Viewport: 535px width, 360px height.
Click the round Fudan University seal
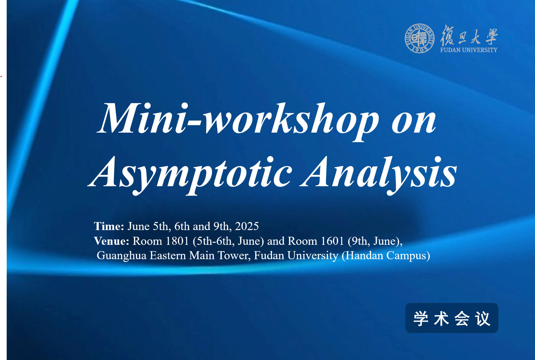pyautogui.click(x=419, y=38)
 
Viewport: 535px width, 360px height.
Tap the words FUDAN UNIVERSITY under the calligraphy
pyautogui.click(x=469, y=50)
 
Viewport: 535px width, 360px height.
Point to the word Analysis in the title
pyautogui.click(x=379, y=174)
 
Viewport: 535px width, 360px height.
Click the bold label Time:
pyautogui.click(x=109, y=226)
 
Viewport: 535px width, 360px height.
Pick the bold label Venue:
pyautogui.click(x=111, y=241)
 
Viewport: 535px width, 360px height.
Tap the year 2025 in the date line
pyautogui.click(x=247, y=226)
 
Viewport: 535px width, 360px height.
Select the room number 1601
pyautogui.click(x=332, y=241)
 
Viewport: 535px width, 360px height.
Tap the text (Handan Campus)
pyautogui.click(x=386, y=256)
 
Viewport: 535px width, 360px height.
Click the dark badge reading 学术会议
pyautogui.click(x=452, y=318)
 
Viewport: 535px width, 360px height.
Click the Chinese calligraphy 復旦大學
pyautogui.click(x=469, y=35)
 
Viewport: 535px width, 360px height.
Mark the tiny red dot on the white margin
pyautogui.click(x=1, y=76)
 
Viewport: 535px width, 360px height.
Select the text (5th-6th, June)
pyautogui.click(x=228, y=241)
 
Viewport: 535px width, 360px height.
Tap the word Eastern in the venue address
pyautogui.click(x=168, y=256)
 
